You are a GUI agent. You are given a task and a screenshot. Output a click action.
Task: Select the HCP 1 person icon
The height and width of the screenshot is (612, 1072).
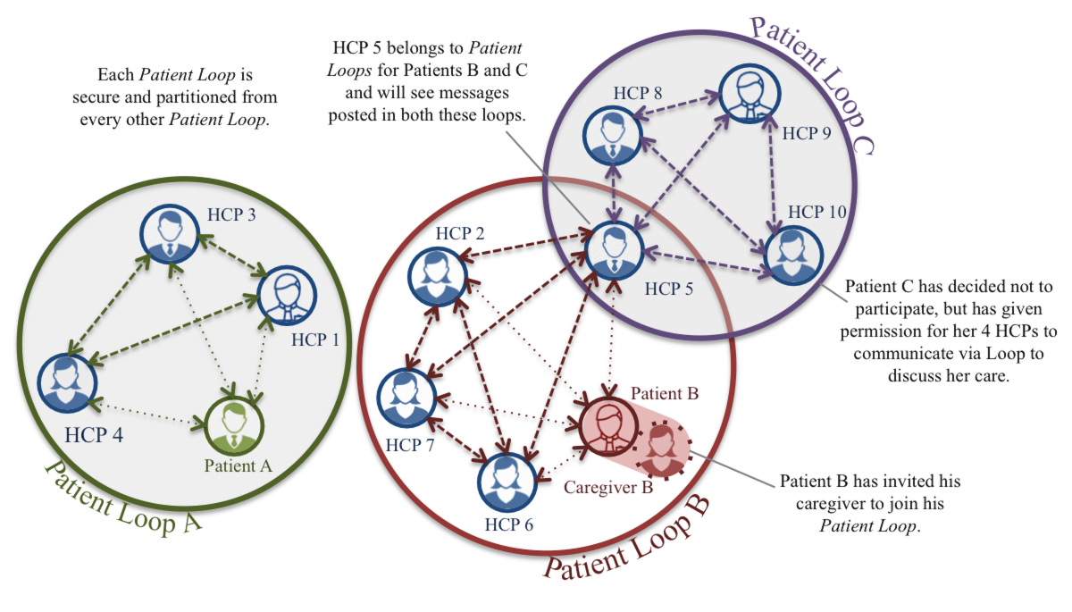[x=286, y=294]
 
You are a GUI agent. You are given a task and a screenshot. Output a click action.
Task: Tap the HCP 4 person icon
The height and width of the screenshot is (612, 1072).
[x=65, y=384]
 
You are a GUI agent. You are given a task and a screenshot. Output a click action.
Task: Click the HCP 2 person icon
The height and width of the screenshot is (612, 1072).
[x=437, y=271]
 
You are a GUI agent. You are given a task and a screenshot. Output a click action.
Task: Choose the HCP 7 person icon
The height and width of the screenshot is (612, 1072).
[x=406, y=397]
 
